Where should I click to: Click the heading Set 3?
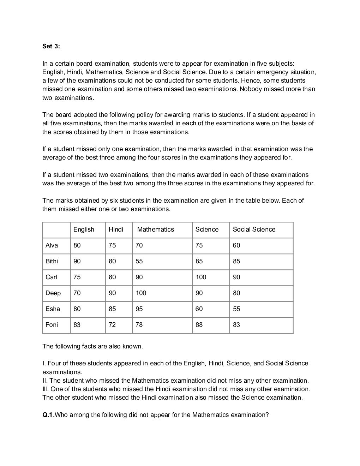pos(51,46)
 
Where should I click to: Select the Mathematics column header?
pos(155,229)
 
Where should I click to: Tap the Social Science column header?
pos(254,229)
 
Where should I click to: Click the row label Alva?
pos(52,245)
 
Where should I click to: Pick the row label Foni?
pos(52,325)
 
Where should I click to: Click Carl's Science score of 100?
pos(201,277)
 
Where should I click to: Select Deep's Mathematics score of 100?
pos(141,293)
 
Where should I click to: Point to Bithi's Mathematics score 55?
pos(139,261)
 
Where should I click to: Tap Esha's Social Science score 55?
pos(236,309)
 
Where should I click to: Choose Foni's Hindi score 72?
pos(112,325)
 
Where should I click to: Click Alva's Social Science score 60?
pos(236,245)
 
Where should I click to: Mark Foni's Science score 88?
pos(199,325)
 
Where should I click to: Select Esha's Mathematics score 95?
pos(139,309)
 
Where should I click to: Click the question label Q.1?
pos(48,415)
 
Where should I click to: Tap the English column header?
pos(84,229)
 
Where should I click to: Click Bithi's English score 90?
pos(77,261)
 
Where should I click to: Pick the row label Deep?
pos(53,293)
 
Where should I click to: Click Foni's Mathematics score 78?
pos(139,325)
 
